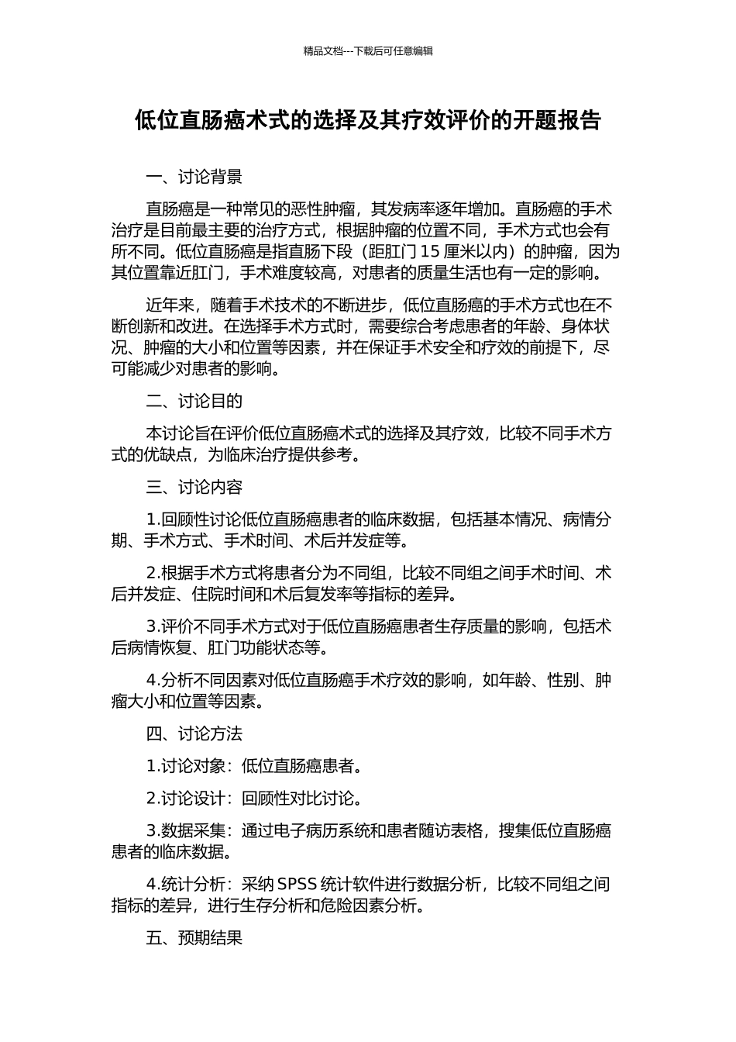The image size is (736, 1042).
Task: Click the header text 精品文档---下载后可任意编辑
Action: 368,51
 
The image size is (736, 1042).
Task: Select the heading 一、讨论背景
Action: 194,177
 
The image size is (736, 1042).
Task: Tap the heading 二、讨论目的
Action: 194,401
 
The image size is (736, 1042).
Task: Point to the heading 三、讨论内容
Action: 194,487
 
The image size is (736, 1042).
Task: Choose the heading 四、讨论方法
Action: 194,733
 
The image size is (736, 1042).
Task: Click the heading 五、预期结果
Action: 194,937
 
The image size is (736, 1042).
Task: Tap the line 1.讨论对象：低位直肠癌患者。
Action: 254,766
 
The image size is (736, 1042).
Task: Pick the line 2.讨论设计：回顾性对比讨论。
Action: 254,798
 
